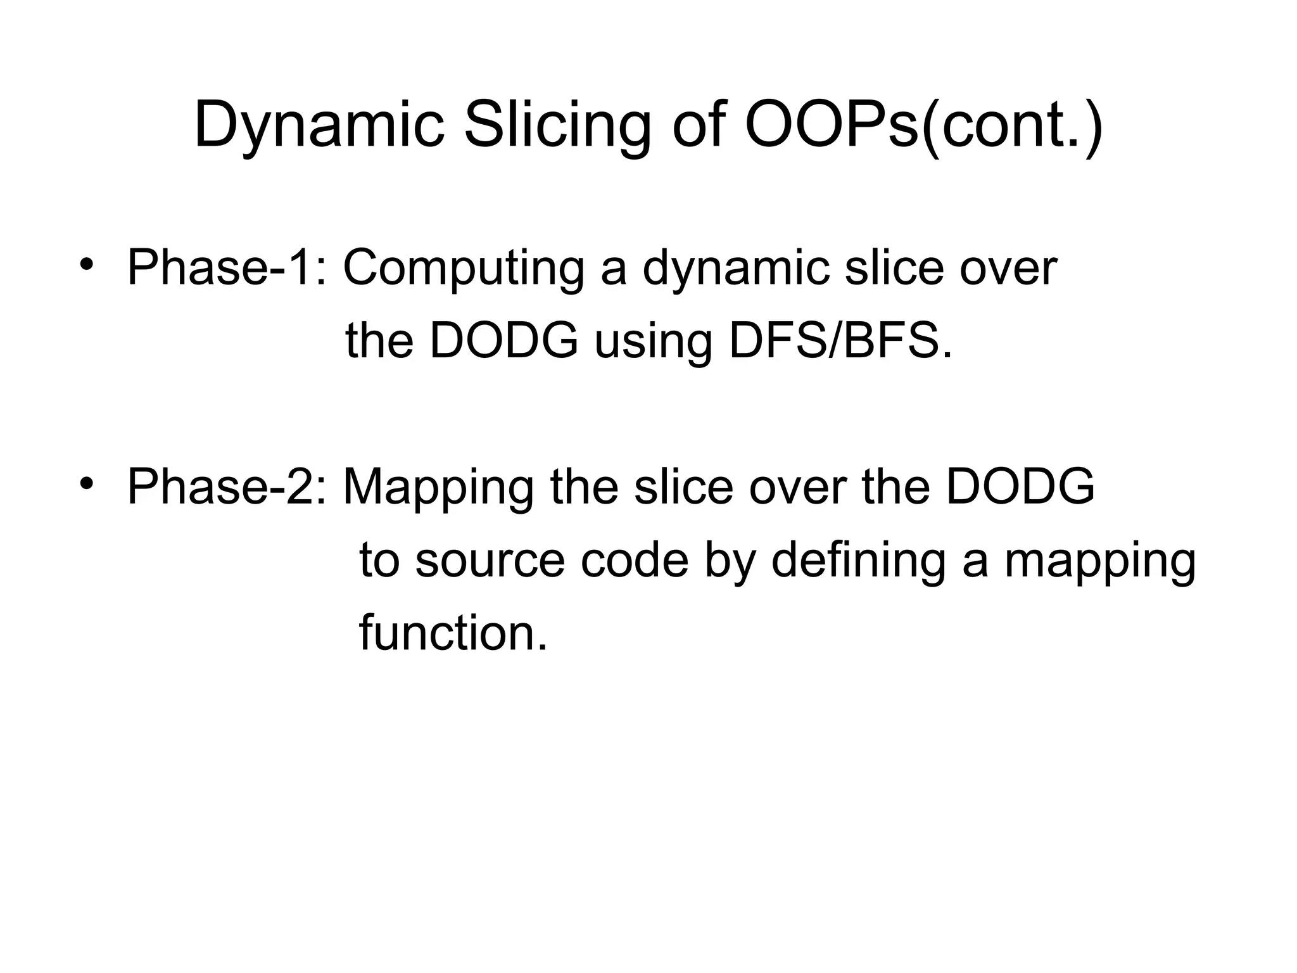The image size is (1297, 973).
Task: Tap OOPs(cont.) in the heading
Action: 923,125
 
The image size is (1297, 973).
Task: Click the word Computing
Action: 464,268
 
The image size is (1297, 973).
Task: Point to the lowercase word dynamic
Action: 735,268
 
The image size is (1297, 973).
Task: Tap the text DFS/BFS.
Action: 840,341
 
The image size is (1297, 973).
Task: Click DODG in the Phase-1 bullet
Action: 503,341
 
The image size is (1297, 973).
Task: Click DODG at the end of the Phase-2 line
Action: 1020,487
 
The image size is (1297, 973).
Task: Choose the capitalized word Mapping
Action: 438,487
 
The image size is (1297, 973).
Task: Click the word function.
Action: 453,633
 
